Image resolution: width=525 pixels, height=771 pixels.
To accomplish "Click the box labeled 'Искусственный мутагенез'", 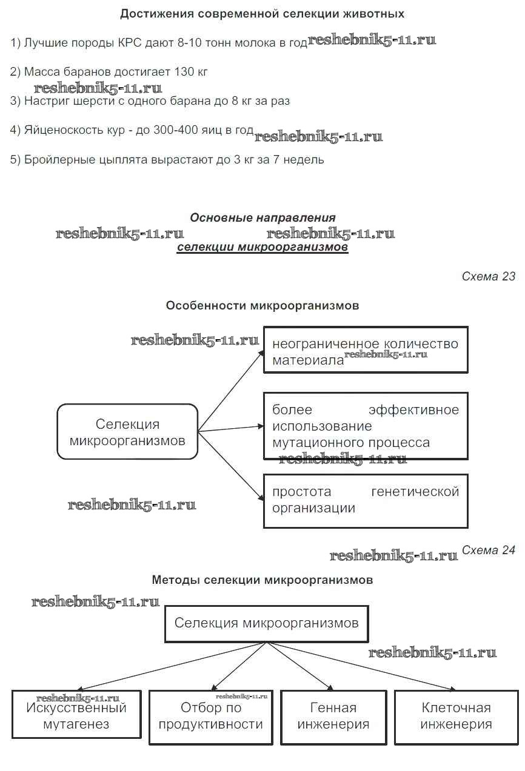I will click(76, 715).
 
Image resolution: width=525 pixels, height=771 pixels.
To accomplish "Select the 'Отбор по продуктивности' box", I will click(210, 716).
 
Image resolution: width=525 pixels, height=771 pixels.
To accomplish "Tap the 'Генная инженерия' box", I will click(333, 716).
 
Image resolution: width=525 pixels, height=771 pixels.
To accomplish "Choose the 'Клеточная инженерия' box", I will click(456, 716).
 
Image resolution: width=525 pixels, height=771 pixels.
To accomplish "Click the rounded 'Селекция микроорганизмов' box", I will click(127, 432).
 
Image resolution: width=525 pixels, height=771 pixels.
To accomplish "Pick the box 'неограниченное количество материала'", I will click(366, 350).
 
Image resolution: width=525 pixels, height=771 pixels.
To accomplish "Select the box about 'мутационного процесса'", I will click(366, 426).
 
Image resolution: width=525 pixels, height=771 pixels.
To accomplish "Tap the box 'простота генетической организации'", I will click(366, 500).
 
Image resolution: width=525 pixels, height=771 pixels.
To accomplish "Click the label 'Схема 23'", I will click(488, 277).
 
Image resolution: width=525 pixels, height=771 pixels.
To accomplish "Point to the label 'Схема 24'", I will click(488, 550).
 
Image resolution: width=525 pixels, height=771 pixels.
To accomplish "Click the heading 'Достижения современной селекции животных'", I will click(262, 13).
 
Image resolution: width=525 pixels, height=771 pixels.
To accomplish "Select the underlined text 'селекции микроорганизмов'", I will click(262, 247).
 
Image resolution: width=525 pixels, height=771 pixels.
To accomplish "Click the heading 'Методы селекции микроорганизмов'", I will click(262, 580).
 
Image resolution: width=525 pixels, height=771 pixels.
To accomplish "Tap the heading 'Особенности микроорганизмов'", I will click(262, 306).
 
